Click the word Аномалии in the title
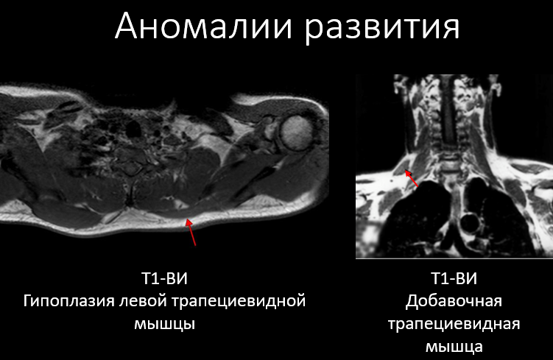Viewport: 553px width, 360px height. [x=203, y=27]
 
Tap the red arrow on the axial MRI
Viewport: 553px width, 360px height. [x=191, y=232]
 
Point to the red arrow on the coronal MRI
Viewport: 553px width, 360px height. [x=411, y=178]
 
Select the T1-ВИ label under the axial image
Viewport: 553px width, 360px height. [x=164, y=278]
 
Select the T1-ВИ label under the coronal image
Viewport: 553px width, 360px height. [x=454, y=278]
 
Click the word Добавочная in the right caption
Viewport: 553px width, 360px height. [x=454, y=301]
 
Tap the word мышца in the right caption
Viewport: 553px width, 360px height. [x=454, y=347]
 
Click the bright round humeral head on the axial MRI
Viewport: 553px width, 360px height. [x=297, y=133]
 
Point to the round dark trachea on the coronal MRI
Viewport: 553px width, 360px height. [x=470, y=223]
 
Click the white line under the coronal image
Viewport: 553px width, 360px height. [x=454, y=258]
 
